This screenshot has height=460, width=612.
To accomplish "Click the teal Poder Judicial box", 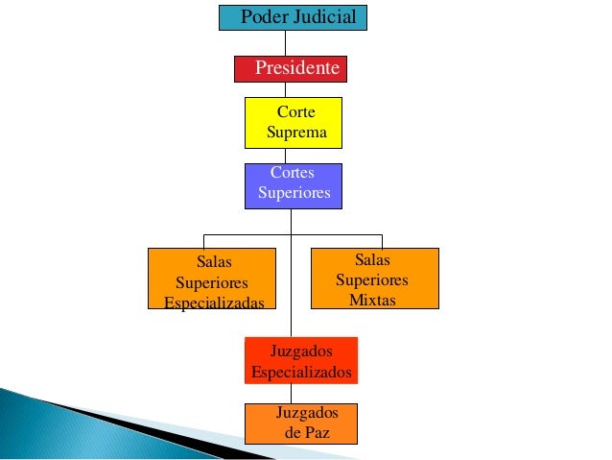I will (x=293, y=18).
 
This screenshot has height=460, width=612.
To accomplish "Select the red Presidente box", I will (x=291, y=69).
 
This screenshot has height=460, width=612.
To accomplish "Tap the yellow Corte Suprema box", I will (x=294, y=123).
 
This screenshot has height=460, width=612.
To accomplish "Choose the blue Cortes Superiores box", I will (x=294, y=184).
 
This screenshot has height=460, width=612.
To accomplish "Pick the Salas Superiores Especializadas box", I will (x=206, y=279).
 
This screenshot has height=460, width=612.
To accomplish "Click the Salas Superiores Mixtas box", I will (x=374, y=279).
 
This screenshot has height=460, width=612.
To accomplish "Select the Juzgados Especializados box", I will (x=300, y=361).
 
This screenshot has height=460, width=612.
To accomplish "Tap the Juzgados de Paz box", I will (x=300, y=424).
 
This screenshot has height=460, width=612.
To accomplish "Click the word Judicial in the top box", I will (x=324, y=17).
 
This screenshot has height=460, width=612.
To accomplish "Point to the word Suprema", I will (x=296, y=133).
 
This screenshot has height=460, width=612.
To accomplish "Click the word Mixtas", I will (x=372, y=301).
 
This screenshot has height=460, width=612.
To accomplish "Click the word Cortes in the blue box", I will (x=293, y=173).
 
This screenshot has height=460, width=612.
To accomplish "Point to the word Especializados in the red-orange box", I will (x=300, y=372).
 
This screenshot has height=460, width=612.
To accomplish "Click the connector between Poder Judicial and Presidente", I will (x=285, y=43).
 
